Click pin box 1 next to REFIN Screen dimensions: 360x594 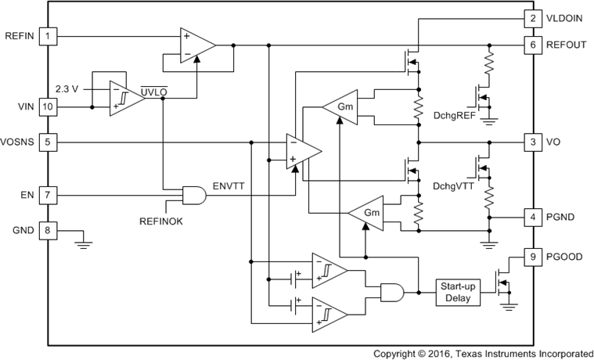click(49, 36)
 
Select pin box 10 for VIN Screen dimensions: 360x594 click(49, 106)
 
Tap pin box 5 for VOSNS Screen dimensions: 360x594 click(49, 142)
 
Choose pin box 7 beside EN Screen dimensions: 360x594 click(49, 193)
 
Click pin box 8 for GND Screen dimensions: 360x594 click(49, 231)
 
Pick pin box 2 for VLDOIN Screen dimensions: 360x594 click(532, 19)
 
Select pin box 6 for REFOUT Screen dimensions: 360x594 click(532, 45)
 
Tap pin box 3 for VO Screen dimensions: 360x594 click(532, 142)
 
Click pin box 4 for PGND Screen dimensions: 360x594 click(532, 217)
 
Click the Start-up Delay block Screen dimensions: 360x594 click(458, 292)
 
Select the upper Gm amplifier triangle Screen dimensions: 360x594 click(342, 106)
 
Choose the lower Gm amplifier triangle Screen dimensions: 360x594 click(368, 213)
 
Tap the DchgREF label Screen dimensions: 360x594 click(454, 114)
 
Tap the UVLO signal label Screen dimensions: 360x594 click(153, 92)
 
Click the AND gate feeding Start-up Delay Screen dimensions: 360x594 click(391, 293)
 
